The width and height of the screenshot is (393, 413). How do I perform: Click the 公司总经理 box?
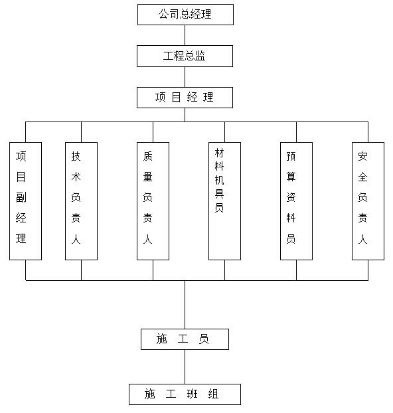185,15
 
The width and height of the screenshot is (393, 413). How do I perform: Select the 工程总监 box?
185,56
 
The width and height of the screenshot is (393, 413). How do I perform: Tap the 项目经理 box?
185,98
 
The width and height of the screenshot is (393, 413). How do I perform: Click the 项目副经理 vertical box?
25,201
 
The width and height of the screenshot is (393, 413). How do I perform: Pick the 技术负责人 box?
81,201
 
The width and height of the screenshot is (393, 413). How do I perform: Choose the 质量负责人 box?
153,201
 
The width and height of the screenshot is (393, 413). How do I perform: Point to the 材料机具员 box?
224,201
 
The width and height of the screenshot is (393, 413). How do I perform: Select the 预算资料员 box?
296,201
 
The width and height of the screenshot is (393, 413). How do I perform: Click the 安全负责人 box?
368,201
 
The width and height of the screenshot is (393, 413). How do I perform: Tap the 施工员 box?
185,339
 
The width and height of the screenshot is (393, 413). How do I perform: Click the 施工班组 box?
185,394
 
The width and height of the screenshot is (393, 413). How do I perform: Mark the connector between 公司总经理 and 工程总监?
185,35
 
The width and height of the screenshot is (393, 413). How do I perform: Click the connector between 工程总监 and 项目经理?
185,77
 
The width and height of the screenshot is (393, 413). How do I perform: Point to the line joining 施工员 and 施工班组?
185,367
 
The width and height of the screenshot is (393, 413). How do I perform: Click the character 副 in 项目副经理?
21,197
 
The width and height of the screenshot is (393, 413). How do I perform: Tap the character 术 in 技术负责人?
76,177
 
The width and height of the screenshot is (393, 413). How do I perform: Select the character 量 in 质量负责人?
148,177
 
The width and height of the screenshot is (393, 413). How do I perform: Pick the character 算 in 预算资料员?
291,177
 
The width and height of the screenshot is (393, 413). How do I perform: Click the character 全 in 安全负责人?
362,177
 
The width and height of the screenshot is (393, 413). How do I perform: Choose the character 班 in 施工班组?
192,394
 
